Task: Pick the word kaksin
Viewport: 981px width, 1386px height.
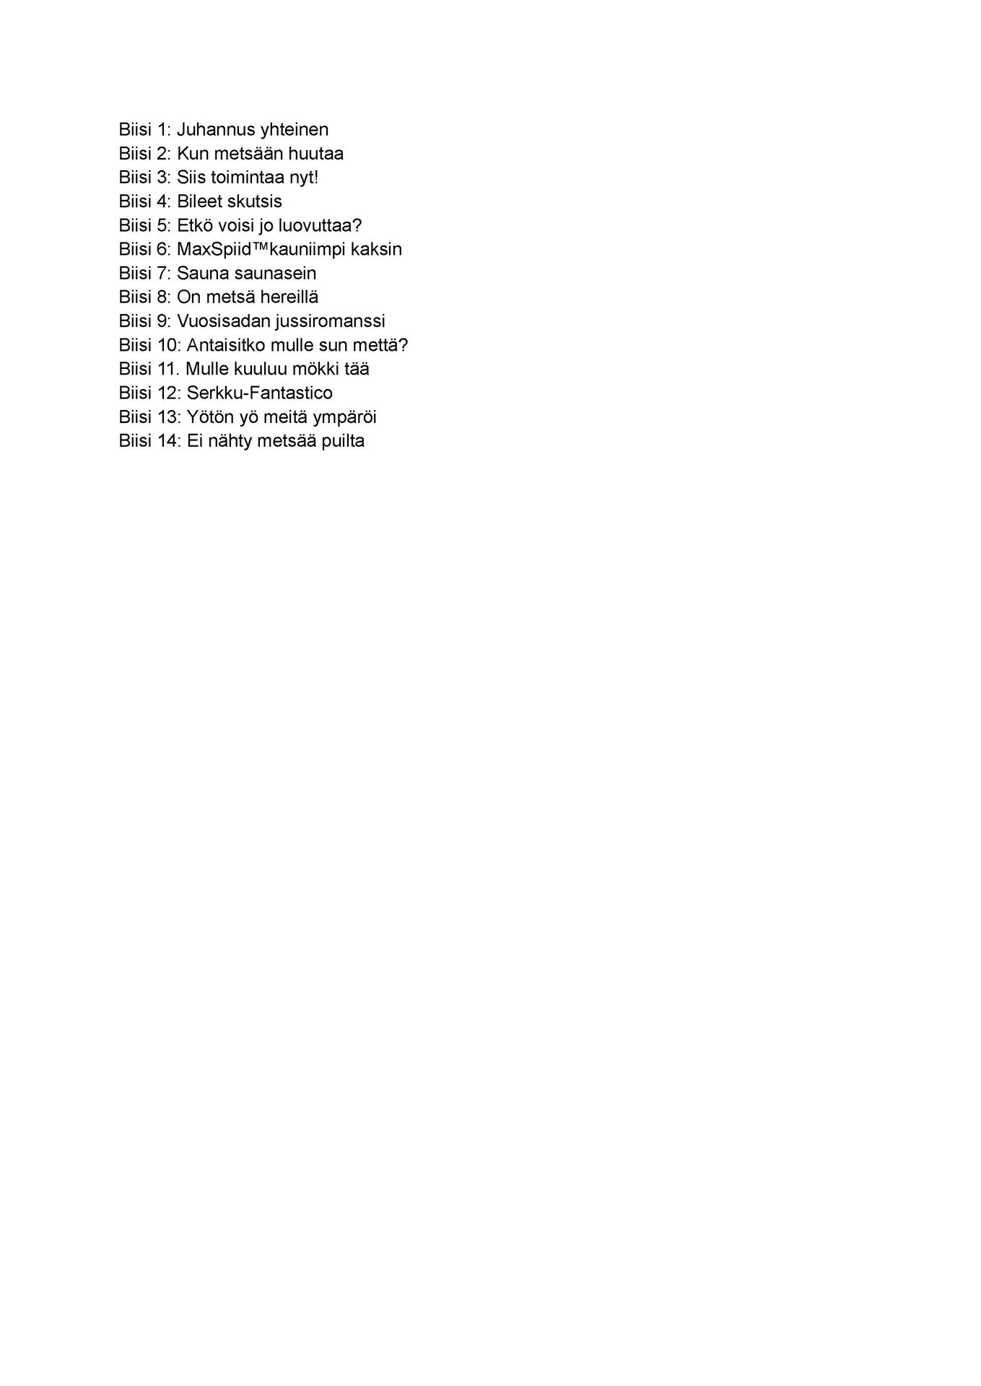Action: coord(376,249)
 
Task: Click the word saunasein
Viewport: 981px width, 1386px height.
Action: coord(276,274)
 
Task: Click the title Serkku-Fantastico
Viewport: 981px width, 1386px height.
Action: coord(260,393)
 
